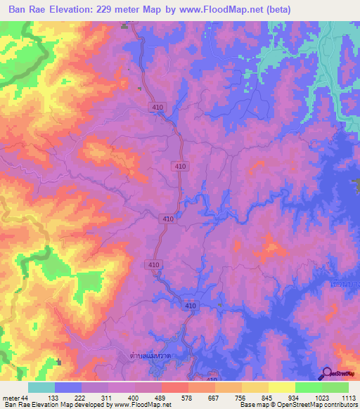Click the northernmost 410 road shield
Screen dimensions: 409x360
pos(157,107)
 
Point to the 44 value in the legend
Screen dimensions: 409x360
pos(25,398)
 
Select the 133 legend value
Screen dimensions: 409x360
pos(68,398)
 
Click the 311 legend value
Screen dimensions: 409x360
pos(122,398)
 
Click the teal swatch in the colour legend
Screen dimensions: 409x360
pos(41,387)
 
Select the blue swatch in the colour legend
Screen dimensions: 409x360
pos(68,387)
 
